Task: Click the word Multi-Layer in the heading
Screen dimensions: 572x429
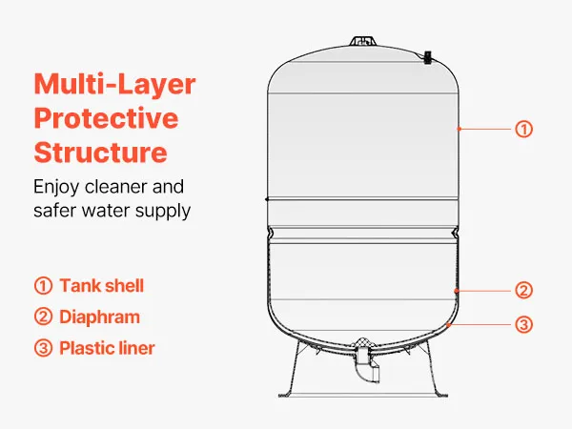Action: coord(114,85)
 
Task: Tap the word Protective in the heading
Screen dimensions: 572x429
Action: coord(106,118)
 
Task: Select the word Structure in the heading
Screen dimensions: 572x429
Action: coord(101,152)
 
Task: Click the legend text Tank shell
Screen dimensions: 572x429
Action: coord(102,286)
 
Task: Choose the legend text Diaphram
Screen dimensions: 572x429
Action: coord(99,317)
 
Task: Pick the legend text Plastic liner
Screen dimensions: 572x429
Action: coord(107,348)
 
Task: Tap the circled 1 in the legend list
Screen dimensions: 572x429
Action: coord(44,286)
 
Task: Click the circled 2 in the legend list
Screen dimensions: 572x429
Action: coord(44,317)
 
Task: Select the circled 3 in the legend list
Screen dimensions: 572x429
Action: coord(44,348)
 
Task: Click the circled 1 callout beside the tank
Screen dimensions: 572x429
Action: coord(523,129)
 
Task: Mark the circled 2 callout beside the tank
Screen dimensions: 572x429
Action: coord(523,291)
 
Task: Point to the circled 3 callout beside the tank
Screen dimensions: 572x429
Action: coord(523,324)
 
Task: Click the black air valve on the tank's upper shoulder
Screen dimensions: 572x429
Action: coord(427,57)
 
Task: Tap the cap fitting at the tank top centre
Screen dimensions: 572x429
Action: coord(362,41)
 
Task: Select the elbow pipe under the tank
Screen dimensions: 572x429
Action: coord(367,366)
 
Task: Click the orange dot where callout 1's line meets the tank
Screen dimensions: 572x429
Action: coord(460,129)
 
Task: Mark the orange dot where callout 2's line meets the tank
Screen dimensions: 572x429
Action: coord(456,291)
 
